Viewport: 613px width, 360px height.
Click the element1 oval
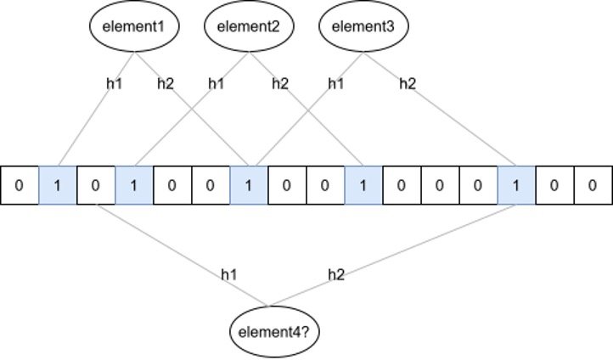click(134, 26)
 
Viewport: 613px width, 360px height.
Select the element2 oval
click(249, 26)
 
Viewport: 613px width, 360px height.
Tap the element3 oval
click(364, 26)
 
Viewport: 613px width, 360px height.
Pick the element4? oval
click(268, 329)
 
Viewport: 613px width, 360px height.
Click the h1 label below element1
click(114, 83)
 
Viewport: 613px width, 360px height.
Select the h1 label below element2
click(217, 83)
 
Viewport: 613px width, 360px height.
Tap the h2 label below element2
click(280, 83)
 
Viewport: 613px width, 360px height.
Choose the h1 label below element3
click(337, 83)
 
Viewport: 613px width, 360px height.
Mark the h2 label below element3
click(408, 83)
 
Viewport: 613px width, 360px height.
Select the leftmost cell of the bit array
click(20, 185)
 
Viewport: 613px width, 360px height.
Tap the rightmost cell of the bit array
click(593, 185)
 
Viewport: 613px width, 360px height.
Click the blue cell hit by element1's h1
click(58, 185)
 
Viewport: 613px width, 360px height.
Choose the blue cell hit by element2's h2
click(363, 185)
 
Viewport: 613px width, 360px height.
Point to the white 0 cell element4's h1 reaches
click(96, 185)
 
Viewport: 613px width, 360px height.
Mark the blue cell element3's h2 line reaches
click(516, 185)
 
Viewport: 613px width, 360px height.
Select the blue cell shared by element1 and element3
click(249, 185)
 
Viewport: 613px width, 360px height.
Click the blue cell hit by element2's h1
click(134, 185)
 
